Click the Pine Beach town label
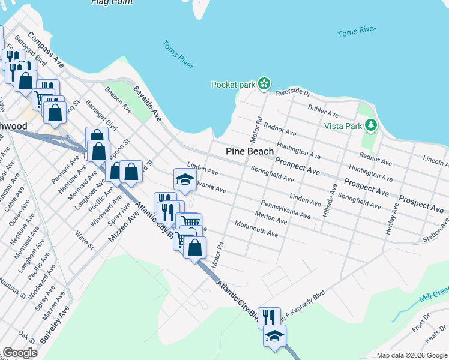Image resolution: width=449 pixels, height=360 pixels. point(250,152)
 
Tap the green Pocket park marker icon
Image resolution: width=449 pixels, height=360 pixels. point(264,85)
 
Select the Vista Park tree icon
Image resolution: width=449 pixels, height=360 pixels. point(372,125)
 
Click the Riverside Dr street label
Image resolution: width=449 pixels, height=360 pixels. point(293,93)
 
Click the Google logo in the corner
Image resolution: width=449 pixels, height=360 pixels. point(20,353)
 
